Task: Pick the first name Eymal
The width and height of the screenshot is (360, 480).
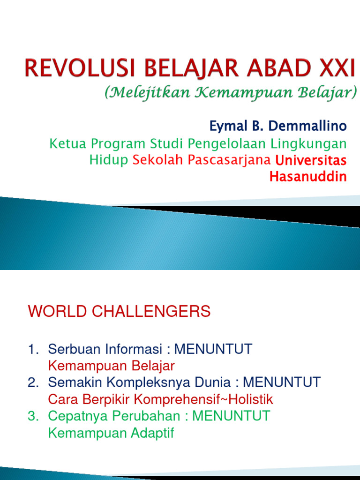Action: pyautogui.click(x=222, y=126)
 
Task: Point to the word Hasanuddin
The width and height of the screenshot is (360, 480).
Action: pyautogui.click(x=308, y=177)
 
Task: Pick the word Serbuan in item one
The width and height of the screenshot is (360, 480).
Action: pyautogui.click(x=71, y=349)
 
